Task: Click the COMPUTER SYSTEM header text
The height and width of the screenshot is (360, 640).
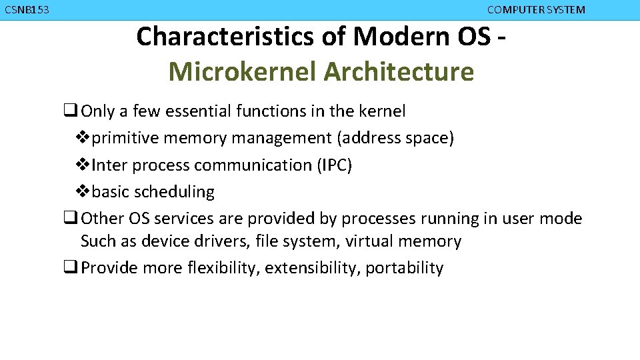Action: point(536,10)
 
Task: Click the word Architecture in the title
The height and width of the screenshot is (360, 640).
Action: point(399,71)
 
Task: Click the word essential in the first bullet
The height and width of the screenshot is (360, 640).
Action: point(198,111)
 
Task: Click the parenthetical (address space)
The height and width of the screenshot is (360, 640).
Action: point(395,138)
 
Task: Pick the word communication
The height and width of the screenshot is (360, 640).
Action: point(252,165)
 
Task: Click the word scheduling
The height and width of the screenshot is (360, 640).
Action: point(174,192)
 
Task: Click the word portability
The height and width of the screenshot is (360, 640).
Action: point(405,268)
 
